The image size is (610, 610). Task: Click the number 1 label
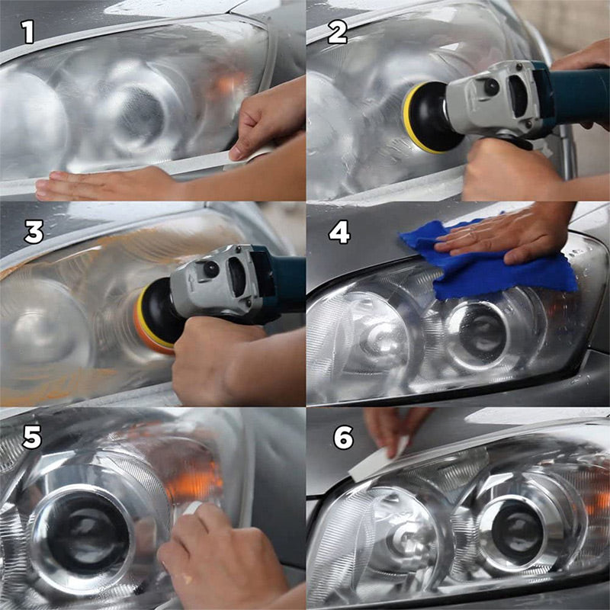[28, 32]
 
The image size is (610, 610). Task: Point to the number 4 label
[339, 232]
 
